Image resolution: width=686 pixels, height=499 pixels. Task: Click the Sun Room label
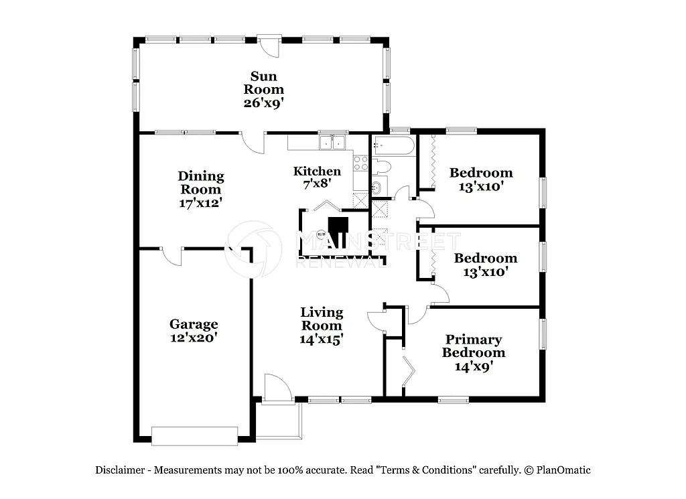263,83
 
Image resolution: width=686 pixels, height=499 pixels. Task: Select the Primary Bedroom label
473,346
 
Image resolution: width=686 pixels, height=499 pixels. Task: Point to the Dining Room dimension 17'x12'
200,202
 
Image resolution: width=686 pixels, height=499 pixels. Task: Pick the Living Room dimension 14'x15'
322,339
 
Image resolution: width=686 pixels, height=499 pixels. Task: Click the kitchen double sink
332,143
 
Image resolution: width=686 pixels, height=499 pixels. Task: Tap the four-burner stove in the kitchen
360,163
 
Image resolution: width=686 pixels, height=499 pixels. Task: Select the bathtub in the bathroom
394,145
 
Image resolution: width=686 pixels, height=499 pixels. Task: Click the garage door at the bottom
194,435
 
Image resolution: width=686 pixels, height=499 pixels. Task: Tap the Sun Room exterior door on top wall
269,46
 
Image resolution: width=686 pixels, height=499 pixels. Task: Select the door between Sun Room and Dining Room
253,141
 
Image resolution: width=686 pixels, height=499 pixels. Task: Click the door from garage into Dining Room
172,257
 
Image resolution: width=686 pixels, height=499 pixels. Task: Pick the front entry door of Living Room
277,390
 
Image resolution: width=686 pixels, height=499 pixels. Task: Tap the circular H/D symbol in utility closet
320,234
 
